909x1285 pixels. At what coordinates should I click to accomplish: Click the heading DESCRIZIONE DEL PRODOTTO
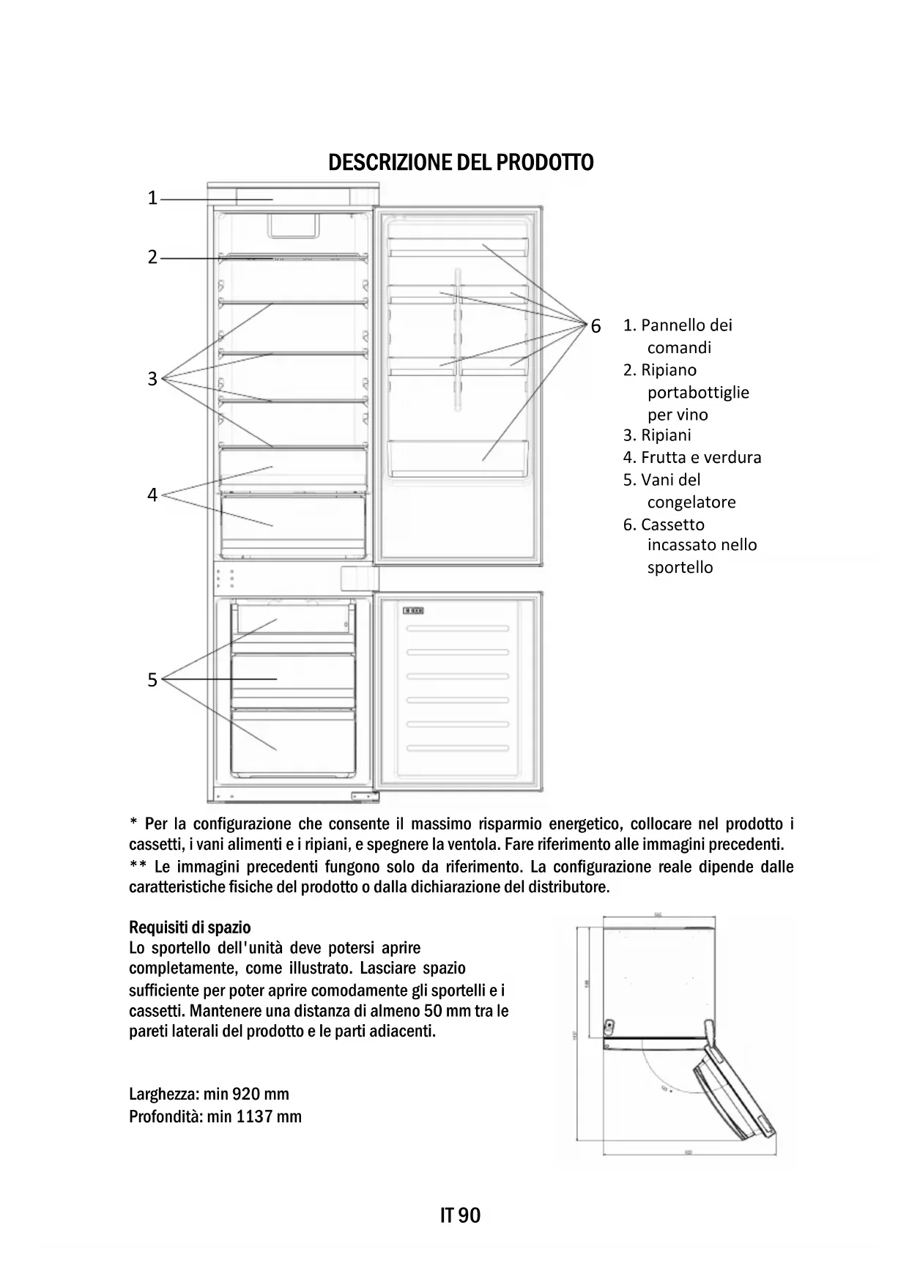click(x=461, y=162)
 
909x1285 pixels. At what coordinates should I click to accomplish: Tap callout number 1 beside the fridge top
click(x=152, y=198)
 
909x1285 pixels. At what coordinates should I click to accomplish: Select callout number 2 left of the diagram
click(x=152, y=257)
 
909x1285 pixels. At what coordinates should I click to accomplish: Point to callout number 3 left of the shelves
click(x=152, y=379)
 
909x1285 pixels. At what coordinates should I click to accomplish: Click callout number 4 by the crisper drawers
click(x=152, y=495)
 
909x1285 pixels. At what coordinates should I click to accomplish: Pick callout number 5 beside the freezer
click(x=152, y=680)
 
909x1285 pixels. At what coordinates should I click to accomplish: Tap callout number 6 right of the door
click(x=596, y=326)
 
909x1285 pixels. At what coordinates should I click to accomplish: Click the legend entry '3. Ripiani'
click(x=657, y=435)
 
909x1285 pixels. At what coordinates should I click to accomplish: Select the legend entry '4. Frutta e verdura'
click(x=692, y=458)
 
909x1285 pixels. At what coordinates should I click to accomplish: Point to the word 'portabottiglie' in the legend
click(x=698, y=393)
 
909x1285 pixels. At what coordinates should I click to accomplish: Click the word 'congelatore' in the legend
click(x=691, y=503)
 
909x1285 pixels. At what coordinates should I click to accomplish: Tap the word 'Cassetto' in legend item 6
click(x=672, y=525)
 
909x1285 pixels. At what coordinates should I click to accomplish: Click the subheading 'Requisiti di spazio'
click(x=190, y=928)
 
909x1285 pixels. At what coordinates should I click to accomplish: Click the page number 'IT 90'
click(x=461, y=1216)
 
